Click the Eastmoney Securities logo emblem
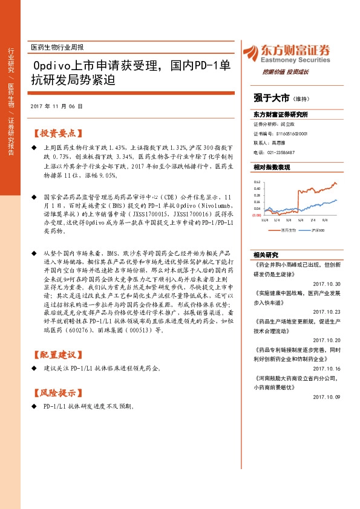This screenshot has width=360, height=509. click(x=250, y=53)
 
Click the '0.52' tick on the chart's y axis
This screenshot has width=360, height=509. click(x=257, y=182)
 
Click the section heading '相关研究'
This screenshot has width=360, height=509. click(x=266, y=254)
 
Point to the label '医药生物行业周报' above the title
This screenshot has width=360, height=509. click(x=57, y=47)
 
